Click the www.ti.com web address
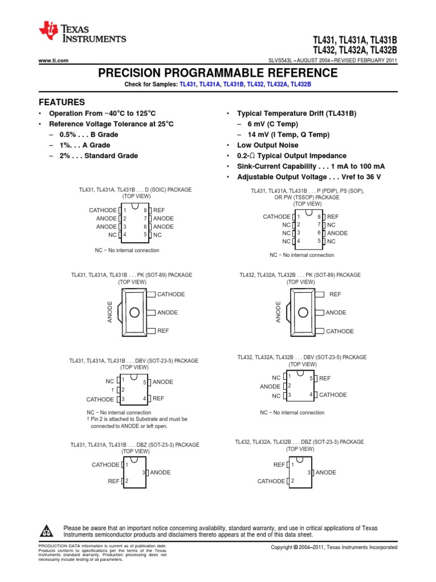click(x=53, y=60)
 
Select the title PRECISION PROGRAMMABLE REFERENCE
click(x=217, y=73)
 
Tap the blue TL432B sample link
click(x=300, y=84)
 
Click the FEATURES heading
click(x=61, y=102)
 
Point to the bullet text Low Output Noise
click(x=267, y=145)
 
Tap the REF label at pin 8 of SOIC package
click(x=159, y=210)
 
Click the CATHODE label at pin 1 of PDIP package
click(x=276, y=217)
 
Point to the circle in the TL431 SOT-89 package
click(x=135, y=312)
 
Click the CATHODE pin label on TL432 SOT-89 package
click(x=339, y=331)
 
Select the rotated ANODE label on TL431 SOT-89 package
click(x=111, y=312)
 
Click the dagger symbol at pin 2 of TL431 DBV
click(x=113, y=390)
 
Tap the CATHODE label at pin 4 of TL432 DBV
click(x=333, y=394)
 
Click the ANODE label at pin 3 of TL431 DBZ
click(x=160, y=472)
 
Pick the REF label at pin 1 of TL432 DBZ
click(x=279, y=464)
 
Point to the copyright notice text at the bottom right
click(x=334, y=547)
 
